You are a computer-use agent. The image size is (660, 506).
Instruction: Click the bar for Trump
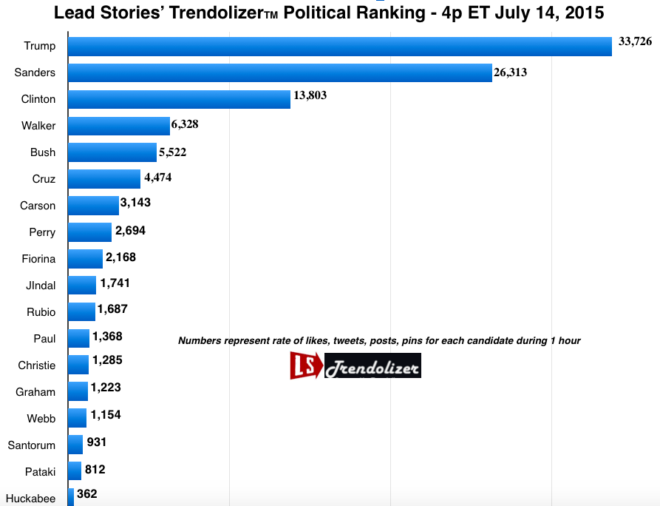[340, 46]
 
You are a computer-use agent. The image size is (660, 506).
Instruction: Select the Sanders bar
[279, 72]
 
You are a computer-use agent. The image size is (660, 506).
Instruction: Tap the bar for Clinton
[179, 99]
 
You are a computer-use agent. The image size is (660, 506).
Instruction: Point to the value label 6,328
[185, 124]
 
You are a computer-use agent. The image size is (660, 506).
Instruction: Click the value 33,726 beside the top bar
[635, 41]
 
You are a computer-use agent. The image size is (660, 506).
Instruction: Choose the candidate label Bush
[43, 152]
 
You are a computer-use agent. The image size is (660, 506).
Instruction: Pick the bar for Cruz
[104, 179]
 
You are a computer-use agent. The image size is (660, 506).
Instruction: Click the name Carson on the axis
[38, 206]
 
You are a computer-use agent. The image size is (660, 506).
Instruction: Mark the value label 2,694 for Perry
[130, 231]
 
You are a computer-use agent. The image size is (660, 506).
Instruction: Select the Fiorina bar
[85, 259]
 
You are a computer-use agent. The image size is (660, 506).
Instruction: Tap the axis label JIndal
[40, 286]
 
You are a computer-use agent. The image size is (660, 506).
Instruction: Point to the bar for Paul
[78, 339]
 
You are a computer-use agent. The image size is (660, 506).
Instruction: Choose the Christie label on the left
[37, 365]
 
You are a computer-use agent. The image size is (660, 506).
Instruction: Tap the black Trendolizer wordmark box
[372, 365]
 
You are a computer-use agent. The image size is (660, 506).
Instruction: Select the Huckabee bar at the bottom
[71, 496]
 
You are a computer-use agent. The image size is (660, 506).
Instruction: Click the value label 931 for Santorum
[97, 442]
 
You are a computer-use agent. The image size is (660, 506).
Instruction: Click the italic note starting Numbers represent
[379, 341]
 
